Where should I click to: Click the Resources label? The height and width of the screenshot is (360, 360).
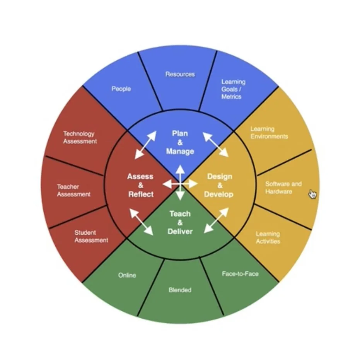(x=180, y=74)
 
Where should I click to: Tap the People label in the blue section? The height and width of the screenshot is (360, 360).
(x=121, y=89)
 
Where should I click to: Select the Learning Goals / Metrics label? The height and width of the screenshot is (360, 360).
(x=233, y=89)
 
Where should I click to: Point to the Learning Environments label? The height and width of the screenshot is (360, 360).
(x=269, y=133)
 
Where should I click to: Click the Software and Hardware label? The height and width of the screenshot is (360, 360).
(x=283, y=188)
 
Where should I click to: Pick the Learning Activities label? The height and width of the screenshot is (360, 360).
(x=268, y=237)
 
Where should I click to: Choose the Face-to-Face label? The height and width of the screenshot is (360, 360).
(x=240, y=274)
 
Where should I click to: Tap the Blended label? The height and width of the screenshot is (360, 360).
(x=180, y=290)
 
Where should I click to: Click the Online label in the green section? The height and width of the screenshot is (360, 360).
(x=127, y=275)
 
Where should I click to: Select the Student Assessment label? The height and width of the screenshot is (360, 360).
(x=91, y=236)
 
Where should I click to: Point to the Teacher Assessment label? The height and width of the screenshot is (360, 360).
(x=73, y=190)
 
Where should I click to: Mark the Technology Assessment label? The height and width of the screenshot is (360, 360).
(x=80, y=137)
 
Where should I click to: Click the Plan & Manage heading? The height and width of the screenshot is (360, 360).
(x=180, y=142)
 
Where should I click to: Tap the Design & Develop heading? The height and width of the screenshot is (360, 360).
(x=219, y=185)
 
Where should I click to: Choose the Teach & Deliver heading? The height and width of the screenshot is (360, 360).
(x=180, y=223)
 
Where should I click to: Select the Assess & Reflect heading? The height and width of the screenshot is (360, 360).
(x=141, y=185)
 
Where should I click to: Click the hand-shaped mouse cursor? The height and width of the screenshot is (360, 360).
(x=312, y=194)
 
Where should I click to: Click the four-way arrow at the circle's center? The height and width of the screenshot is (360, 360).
(x=180, y=184)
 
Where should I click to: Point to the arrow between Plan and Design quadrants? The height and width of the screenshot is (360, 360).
(x=215, y=144)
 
